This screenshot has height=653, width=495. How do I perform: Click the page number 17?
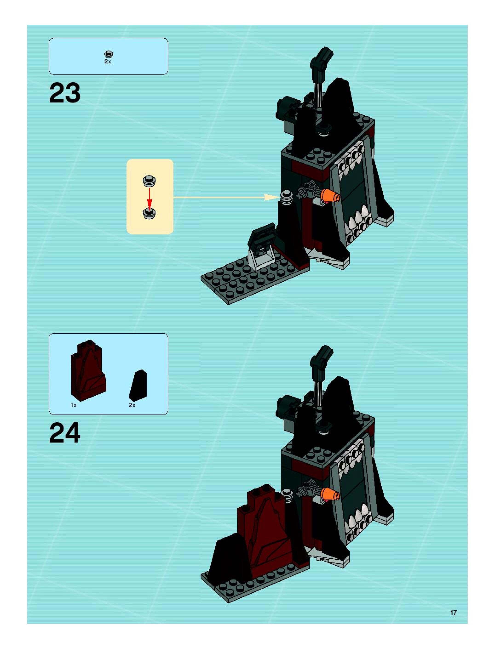tap(453, 613)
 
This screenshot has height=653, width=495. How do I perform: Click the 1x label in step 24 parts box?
tap(74, 405)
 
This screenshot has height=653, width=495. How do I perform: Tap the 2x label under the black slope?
tap(132, 405)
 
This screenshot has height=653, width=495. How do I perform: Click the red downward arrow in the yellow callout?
tap(150, 197)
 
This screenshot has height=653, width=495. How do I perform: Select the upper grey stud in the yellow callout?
tap(150, 180)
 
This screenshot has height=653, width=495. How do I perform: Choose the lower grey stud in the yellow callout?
tap(150, 213)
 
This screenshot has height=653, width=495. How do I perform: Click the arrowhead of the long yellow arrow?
tap(271, 197)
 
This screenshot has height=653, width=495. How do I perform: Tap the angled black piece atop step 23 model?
tap(321, 60)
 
